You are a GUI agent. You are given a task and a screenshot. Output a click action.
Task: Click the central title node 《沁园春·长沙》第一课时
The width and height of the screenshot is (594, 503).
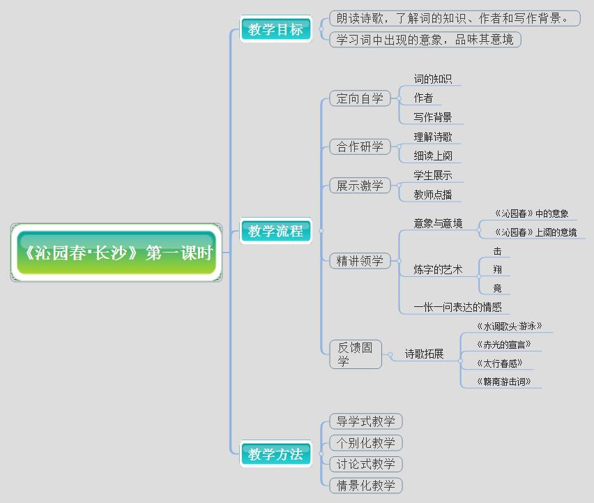[x=116, y=253]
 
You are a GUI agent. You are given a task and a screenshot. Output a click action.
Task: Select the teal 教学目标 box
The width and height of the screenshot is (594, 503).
[x=276, y=29]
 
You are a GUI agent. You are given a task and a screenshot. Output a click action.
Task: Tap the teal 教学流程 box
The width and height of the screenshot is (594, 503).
[x=276, y=231]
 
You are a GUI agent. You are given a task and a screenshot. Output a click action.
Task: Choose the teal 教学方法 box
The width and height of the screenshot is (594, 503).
[x=276, y=454]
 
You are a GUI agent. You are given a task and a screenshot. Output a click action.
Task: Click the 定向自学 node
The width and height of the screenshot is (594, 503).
[x=360, y=98]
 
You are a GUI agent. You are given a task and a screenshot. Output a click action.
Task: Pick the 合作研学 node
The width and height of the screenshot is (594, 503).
[x=360, y=147]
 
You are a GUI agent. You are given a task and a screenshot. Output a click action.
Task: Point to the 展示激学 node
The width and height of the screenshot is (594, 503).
[x=360, y=185]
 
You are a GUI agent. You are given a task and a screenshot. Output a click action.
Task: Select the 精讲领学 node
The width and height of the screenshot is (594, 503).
[x=360, y=261]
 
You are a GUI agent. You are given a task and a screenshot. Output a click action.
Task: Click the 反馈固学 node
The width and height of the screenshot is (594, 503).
[x=356, y=354]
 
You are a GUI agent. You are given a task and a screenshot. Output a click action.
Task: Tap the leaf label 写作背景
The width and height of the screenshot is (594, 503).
[x=433, y=117]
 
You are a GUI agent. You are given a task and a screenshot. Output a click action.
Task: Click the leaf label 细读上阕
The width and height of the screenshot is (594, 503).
[x=433, y=156]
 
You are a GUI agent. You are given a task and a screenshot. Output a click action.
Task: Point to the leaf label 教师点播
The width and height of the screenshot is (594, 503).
[x=433, y=195]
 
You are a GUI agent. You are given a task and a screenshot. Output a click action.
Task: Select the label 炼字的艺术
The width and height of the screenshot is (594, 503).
[x=438, y=269]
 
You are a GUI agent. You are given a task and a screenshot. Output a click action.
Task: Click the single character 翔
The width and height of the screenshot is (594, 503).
[x=497, y=269]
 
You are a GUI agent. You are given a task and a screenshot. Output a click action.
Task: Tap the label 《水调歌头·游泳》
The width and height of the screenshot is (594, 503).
[x=509, y=326]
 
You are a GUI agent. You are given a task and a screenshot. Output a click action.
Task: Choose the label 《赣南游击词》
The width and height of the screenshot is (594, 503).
[x=503, y=381]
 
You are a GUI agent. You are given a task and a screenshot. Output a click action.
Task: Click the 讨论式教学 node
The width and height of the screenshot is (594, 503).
[x=366, y=464]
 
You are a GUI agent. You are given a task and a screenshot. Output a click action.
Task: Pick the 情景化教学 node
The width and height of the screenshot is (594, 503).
[x=366, y=485]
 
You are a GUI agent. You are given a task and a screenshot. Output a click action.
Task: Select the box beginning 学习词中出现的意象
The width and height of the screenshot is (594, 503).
[x=425, y=40]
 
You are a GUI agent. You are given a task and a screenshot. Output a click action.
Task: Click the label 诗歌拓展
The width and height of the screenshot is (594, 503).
[x=425, y=354]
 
